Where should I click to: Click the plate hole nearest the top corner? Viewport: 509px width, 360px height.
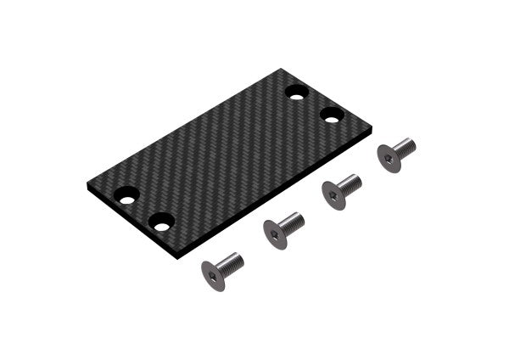(x=296, y=92)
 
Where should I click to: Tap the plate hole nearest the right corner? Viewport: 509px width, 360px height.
(x=332, y=114)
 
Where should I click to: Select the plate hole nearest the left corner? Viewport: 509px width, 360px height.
(x=126, y=195)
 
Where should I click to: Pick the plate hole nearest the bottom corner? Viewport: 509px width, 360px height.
(x=161, y=222)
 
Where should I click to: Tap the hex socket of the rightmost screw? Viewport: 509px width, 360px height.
(x=389, y=158)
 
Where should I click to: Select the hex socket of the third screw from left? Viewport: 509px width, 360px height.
(x=333, y=197)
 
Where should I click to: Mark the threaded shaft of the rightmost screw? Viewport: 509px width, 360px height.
(x=406, y=147)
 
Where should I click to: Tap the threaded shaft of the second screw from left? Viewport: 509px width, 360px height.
(x=292, y=222)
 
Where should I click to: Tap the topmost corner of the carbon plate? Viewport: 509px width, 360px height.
(x=283, y=70)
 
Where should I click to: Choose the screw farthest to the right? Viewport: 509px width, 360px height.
(x=395, y=154)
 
